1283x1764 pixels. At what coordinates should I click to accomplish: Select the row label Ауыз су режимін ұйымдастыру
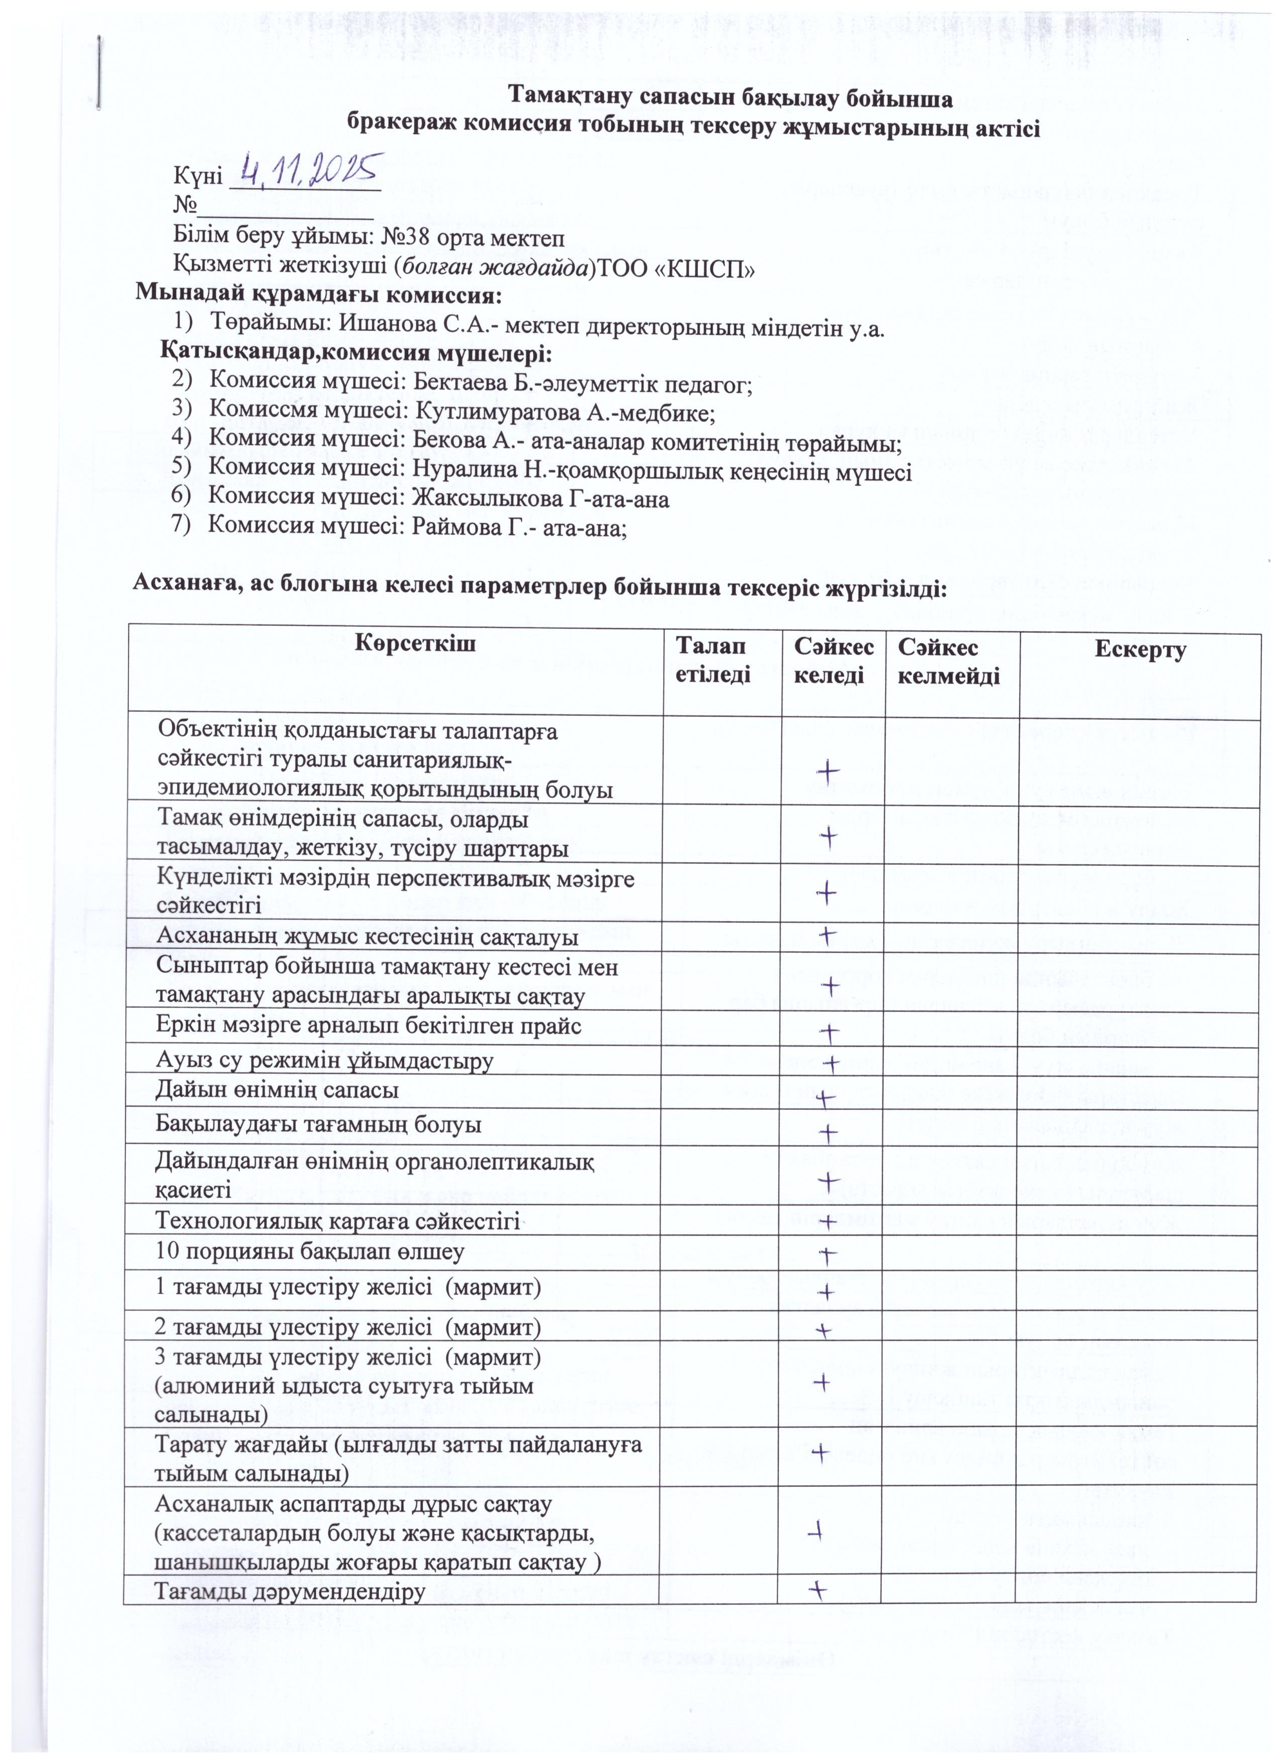click(325, 1061)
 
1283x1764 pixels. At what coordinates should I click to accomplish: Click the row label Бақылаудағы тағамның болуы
click(319, 1125)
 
